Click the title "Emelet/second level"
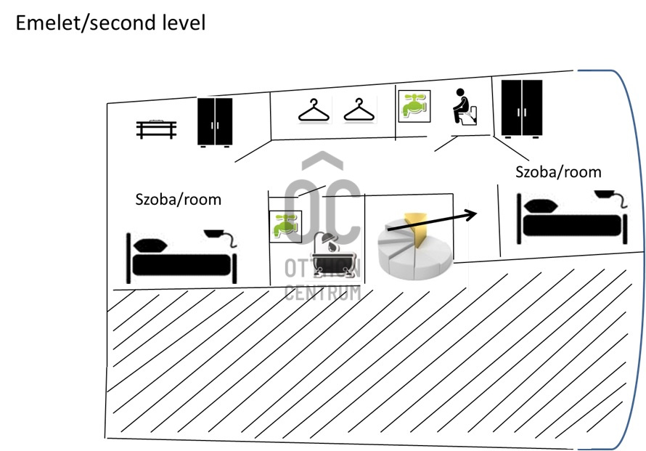tap(110, 23)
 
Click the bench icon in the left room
tap(157, 129)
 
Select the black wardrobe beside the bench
tap(215, 122)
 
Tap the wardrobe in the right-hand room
tap(522, 108)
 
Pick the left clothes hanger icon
tap(314, 110)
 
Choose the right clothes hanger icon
tap(359, 110)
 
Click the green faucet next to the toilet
tap(414, 106)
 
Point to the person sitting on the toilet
tap(465, 106)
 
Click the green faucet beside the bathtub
tap(285, 227)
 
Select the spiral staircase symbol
tap(415, 246)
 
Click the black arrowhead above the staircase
tap(470, 214)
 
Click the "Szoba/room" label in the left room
tap(179, 200)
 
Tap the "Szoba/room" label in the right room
tap(558, 172)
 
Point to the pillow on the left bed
tap(150, 245)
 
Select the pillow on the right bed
tap(541, 206)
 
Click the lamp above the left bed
tap(221, 237)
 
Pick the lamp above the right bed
tap(611, 198)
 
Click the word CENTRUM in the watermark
tap(322, 292)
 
